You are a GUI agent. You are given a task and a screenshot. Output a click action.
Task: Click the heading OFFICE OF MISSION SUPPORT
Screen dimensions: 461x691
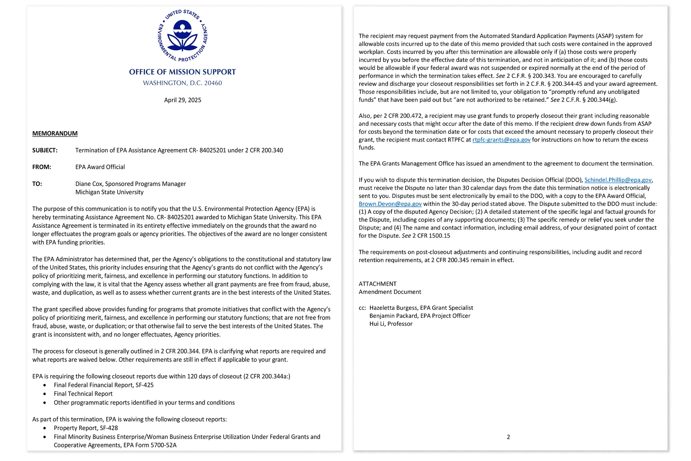(x=182, y=72)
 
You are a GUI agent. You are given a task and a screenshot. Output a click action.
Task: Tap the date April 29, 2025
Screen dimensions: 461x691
(x=182, y=100)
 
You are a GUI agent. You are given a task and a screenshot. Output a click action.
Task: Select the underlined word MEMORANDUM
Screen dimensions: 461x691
(x=55, y=133)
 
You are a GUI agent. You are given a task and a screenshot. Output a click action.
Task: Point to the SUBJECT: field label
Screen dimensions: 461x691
(x=45, y=150)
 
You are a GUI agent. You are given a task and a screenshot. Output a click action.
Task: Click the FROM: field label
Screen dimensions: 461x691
(x=42, y=167)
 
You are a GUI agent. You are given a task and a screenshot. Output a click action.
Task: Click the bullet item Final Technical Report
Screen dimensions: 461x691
(x=83, y=394)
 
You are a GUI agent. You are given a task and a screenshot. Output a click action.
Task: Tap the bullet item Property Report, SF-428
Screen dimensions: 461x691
(x=86, y=428)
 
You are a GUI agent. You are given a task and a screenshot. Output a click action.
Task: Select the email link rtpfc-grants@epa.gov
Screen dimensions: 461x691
(x=501, y=140)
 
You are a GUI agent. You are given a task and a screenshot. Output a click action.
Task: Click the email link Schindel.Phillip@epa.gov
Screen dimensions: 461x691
(x=618, y=180)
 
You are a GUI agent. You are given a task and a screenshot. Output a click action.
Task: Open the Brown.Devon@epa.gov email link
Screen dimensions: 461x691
(x=390, y=204)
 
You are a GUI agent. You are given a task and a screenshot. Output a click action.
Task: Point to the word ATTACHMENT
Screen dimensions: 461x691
(x=378, y=284)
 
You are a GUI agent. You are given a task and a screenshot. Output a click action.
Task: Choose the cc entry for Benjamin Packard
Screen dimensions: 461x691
(x=420, y=316)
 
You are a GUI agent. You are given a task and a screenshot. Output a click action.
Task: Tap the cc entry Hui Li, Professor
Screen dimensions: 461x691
(x=391, y=324)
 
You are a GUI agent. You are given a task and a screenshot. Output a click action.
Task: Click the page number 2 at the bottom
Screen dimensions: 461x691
(x=508, y=437)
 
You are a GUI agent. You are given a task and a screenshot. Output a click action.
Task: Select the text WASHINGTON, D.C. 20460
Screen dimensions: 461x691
(x=182, y=83)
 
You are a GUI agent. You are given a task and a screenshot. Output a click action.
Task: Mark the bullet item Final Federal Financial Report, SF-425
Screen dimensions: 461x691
(x=104, y=385)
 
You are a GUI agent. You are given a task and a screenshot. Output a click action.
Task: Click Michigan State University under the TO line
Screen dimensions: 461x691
(x=110, y=192)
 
